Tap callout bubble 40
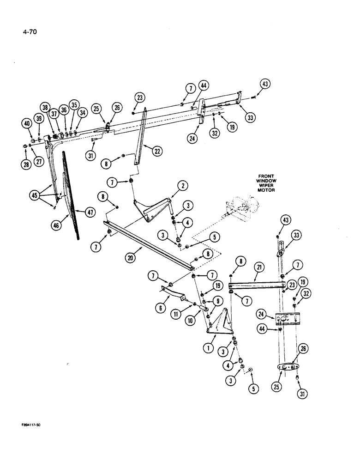[26, 123]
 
